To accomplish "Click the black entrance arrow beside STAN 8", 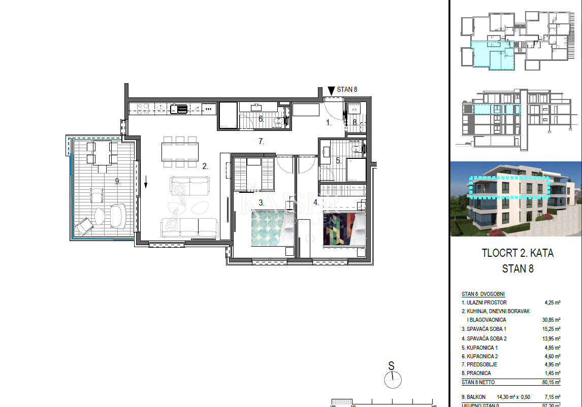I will tap(331, 91).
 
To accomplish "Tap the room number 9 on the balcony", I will tap(117, 181).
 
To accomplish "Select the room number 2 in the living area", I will tap(205, 166).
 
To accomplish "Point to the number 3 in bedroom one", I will tap(261, 202).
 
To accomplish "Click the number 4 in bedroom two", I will tap(316, 202).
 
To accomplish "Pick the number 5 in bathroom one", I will tap(338, 160).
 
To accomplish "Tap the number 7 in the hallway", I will tap(262, 142).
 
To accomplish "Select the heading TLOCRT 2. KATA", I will tap(517, 253).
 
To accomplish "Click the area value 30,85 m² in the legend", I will tap(551, 320).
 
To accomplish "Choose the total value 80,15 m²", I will tap(551, 382).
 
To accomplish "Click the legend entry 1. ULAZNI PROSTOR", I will tap(484, 302).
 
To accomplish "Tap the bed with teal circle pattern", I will tap(272, 227).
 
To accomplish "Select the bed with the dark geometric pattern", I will tap(344, 227).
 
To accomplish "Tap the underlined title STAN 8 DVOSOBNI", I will tap(483, 294).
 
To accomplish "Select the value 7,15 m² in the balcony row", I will tap(552, 397).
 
